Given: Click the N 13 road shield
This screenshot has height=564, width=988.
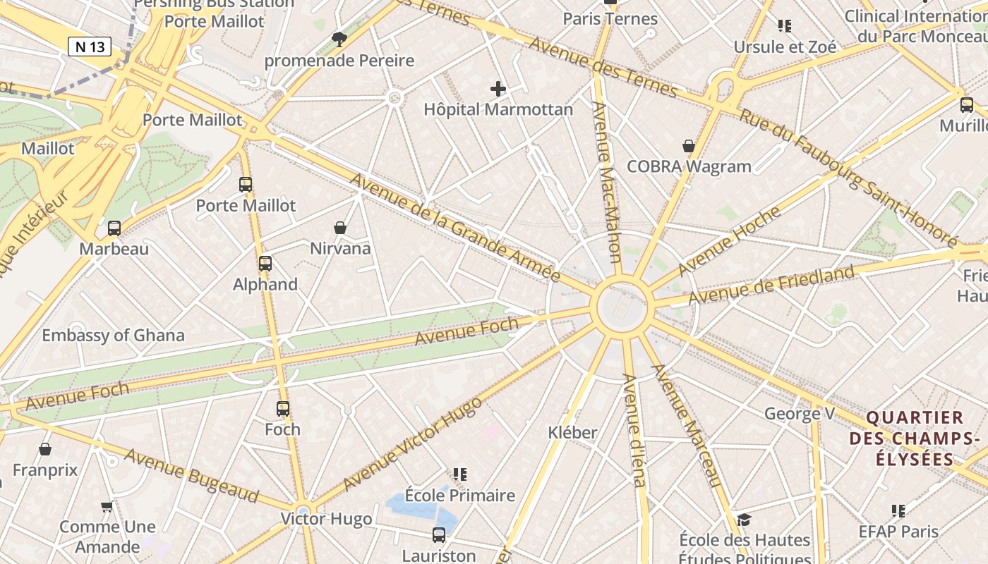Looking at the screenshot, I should click(x=90, y=47).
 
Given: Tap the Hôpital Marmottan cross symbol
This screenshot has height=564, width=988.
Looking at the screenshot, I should click(x=498, y=89).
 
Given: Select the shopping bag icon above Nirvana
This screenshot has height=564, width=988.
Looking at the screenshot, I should click(x=340, y=228).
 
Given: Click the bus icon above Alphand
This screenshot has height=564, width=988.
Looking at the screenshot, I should click(x=265, y=264).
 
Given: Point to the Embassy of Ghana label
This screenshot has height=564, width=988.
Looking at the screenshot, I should click(x=113, y=336).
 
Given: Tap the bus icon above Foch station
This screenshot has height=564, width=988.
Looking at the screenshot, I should click(x=283, y=409).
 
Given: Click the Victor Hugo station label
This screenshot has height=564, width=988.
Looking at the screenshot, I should click(x=326, y=520).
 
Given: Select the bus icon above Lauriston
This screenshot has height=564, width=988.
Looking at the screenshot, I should click(x=439, y=535).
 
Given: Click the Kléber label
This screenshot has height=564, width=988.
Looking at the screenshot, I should click(x=572, y=433).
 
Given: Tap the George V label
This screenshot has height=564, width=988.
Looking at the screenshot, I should click(x=799, y=413).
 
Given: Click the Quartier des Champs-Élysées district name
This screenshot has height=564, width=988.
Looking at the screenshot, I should click(x=915, y=439).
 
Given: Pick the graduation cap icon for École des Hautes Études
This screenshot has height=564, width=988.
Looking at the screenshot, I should click(x=744, y=520).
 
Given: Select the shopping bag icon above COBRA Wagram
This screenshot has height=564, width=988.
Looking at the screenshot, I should click(x=689, y=146).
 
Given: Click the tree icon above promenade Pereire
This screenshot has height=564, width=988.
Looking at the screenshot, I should click(x=339, y=39).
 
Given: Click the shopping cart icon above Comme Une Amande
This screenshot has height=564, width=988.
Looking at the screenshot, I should click(x=107, y=506).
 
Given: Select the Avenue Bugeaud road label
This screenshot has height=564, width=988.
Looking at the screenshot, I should click(x=191, y=474).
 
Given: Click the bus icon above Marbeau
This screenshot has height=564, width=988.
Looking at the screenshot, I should click(x=114, y=228).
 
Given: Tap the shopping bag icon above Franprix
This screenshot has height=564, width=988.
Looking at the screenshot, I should click(x=45, y=449).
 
